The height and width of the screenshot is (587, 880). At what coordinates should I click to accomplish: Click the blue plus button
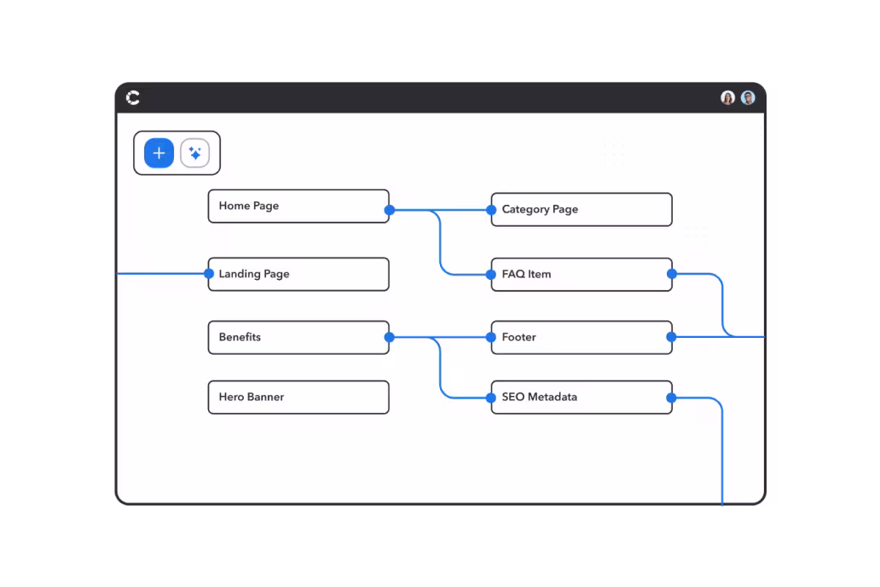pyautogui.click(x=159, y=153)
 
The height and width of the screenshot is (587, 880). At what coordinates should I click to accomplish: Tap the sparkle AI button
pyautogui.click(x=194, y=153)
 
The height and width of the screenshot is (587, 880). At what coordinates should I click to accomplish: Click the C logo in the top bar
pyautogui.click(x=133, y=98)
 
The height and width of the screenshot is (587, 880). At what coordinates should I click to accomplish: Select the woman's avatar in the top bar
pyautogui.click(x=728, y=98)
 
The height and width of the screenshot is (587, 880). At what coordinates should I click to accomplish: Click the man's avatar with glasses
pyautogui.click(x=748, y=98)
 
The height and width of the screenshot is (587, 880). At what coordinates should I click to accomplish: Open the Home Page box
pyautogui.click(x=298, y=206)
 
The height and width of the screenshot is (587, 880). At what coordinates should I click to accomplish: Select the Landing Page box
pyautogui.click(x=298, y=274)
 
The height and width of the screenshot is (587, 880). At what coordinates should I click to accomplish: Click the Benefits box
pyautogui.click(x=298, y=338)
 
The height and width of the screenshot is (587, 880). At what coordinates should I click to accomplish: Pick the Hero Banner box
pyautogui.click(x=298, y=397)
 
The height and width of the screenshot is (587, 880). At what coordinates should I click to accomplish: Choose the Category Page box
pyautogui.click(x=582, y=210)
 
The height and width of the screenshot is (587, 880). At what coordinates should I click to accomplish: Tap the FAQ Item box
pyautogui.click(x=582, y=275)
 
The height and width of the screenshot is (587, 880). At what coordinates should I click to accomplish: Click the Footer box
pyautogui.click(x=582, y=338)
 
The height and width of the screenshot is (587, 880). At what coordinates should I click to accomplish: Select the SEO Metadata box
pyautogui.click(x=582, y=397)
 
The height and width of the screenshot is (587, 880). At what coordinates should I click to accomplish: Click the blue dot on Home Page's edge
pyautogui.click(x=390, y=210)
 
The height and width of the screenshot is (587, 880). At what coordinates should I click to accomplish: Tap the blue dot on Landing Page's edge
pyautogui.click(x=209, y=274)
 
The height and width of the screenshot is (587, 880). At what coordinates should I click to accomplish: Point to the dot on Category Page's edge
pyautogui.click(x=491, y=210)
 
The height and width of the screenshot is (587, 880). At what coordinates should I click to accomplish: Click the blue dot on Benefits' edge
pyautogui.click(x=390, y=337)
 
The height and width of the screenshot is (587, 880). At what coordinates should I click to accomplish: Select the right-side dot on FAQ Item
pyautogui.click(x=672, y=274)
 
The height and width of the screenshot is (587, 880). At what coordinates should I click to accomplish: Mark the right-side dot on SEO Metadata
pyautogui.click(x=671, y=398)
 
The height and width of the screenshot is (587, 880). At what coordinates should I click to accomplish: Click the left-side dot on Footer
pyautogui.click(x=491, y=337)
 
